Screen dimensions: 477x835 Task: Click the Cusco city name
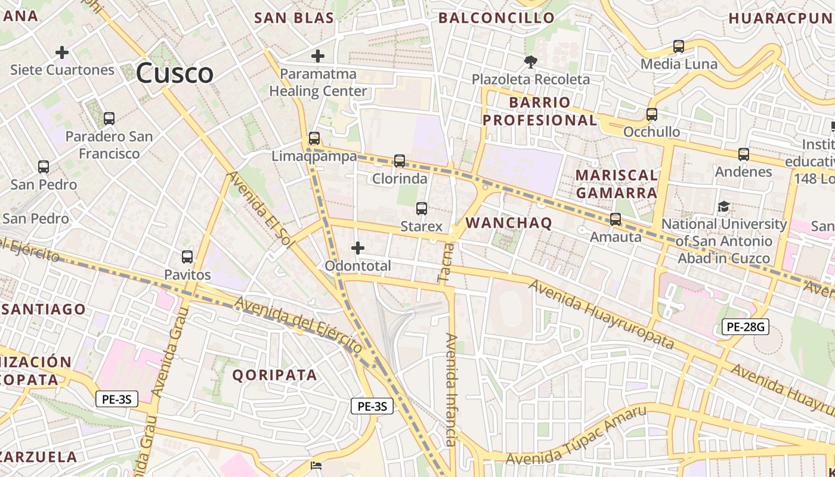pyautogui.click(x=174, y=73)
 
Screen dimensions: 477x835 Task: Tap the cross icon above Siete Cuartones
pyautogui.click(x=62, y=52)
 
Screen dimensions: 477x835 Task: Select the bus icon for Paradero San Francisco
pyautogui.click(x=109, y=118)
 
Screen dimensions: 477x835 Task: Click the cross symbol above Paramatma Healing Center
pyautogui.click(x=318, y=57)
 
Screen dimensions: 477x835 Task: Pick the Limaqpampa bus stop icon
pyautogui.click(x=314, y=138)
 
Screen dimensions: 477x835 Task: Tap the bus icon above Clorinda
pyautogui.click(x=400, y=160)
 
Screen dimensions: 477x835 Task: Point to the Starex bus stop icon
pyautogui.click(x=422, y=209)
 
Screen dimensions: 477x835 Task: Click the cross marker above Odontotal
pyautogui.click(x=358, y=248)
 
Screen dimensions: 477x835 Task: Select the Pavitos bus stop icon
pyautogui.click(x=187, y=257)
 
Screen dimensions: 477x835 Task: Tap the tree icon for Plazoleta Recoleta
pyautogui.click(x=530, y=61)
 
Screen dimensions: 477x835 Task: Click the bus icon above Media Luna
pyautogui.click(x=679, y=46)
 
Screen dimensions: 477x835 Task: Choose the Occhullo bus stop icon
pyautogui.click(x=652, y=114)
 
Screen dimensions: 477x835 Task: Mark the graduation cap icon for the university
pyautogui.click(x=723, y=207)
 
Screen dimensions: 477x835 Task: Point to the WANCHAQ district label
pyautogui.click(x=509, y=223)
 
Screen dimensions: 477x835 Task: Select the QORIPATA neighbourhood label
pyautogui.click(x=274, y=375)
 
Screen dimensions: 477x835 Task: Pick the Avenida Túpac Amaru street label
pyautogui.click(x=576, y=435)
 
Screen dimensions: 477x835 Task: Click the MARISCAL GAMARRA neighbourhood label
pyautogui.click(x=617, y=184)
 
